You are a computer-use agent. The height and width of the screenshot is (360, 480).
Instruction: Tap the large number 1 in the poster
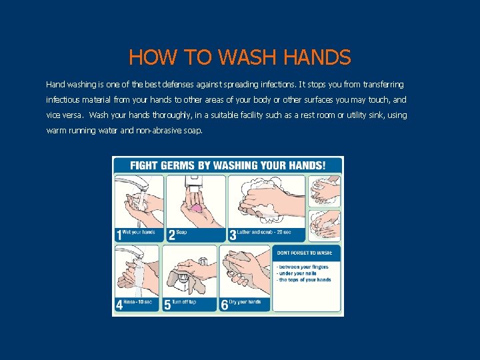click(x=119, y=234)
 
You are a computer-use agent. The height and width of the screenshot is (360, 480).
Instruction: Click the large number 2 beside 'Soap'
click(x=171, y=234)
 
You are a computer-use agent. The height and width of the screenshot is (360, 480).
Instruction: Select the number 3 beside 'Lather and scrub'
click(x=232, y=234)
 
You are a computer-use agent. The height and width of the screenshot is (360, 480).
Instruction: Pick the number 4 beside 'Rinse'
click(x=119, y=305)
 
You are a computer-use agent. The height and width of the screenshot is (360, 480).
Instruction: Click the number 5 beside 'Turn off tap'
click(x=167, y=305)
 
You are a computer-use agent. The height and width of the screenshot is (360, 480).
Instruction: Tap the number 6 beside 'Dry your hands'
click(x=224, y=305)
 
